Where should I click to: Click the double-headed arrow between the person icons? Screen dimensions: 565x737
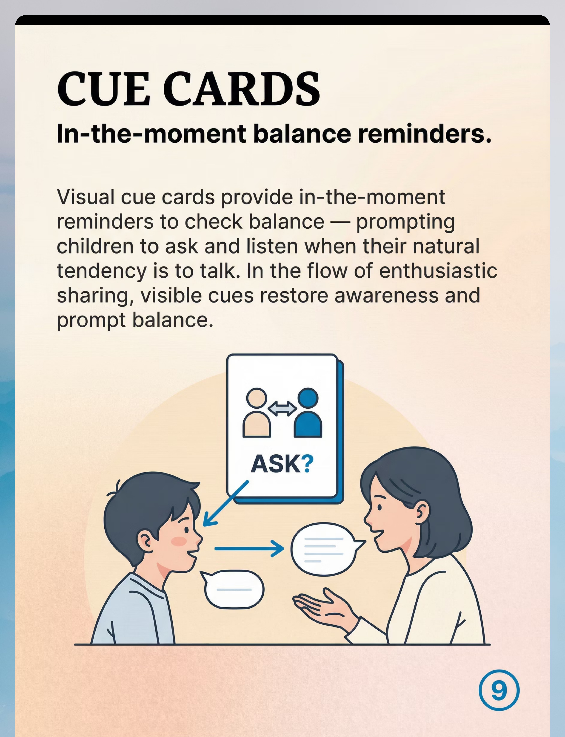point(282,409)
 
